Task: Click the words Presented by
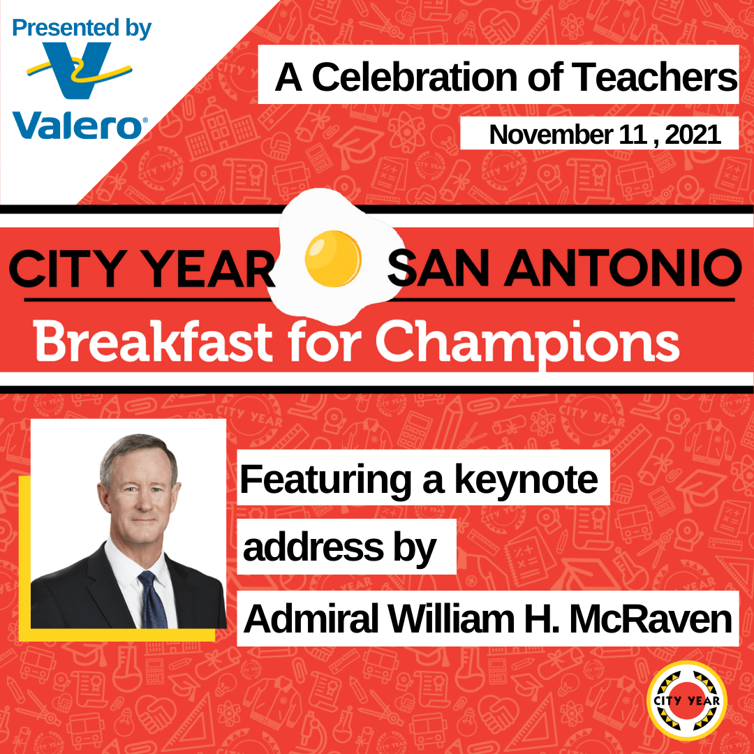81,29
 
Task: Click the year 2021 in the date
693,135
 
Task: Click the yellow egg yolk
333,259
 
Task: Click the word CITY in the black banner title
67,268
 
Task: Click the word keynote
526,480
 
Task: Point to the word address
313,548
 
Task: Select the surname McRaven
651,619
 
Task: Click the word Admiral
311,619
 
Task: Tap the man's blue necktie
153,600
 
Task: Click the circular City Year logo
687,701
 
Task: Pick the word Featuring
325,480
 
